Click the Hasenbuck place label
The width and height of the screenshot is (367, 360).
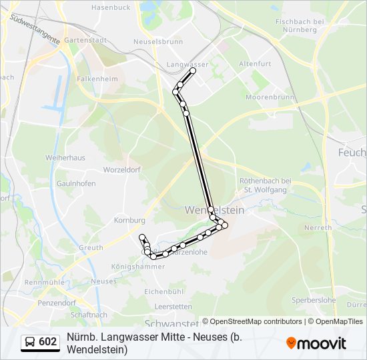(x=110, y=7)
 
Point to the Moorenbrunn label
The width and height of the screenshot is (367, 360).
(x=270, y=97)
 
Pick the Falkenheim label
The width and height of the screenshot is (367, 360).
(x=97, y=78)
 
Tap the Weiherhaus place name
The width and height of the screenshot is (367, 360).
(x=65, y=158)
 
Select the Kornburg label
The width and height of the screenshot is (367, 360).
(x=129, y=220)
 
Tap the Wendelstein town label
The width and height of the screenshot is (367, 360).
(x=214, y=209)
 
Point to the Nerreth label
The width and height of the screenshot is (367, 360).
(x=317, y=227)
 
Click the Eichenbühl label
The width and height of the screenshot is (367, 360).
(x=163, y=292)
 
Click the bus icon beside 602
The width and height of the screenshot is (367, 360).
(x=30, y=342)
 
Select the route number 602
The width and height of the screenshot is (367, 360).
(x=48, y=342)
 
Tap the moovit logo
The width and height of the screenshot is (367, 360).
(x=316, y=343)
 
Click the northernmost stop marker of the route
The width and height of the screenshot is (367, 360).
(x=193, y=70)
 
